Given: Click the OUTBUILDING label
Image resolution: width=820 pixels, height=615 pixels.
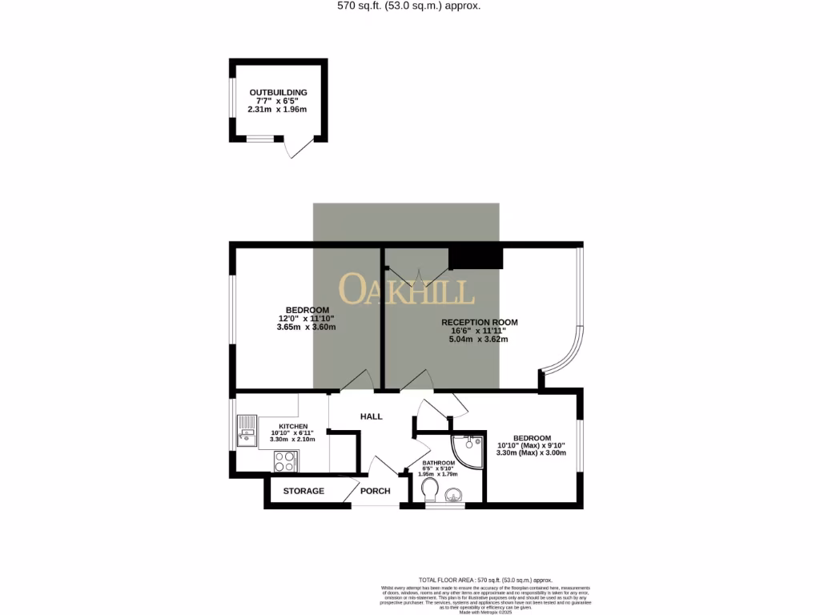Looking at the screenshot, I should (278, 93).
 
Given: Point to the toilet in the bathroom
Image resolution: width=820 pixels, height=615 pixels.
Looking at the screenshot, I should (429, 488).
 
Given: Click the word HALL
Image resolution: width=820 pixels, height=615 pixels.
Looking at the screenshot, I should (371, 416).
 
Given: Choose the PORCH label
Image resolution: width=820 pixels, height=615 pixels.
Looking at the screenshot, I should (375, 491).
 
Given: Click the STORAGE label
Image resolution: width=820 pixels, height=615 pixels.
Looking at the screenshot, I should (303, 491).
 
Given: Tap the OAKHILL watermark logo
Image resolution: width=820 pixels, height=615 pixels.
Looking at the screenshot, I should (406, 290).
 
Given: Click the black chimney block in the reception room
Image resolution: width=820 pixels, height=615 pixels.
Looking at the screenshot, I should (476, 258).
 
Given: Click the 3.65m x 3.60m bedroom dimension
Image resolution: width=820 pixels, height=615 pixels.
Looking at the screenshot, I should (307, 327).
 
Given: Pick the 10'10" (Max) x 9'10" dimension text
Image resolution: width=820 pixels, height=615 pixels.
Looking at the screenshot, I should (532, 445).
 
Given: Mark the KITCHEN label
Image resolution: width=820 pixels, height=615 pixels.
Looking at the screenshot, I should (293, 426).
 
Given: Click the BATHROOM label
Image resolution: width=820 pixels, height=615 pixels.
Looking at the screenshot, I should (439, 463).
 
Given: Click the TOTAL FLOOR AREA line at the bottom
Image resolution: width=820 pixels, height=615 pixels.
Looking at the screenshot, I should (486, 579).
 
